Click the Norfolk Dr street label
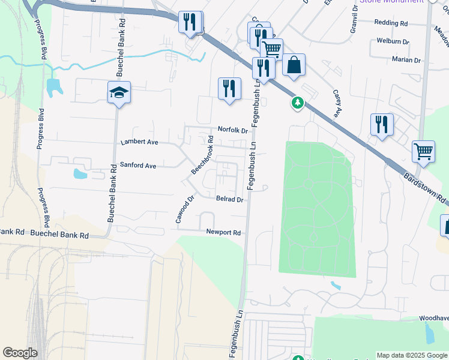[233, 130]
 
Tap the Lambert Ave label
[139, 142]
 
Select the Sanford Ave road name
[138, 165]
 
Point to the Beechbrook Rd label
[202, 155]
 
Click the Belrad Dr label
[230, 199]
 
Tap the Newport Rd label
[223, 232]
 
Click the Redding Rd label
[391, 22]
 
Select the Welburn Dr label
[393, 41]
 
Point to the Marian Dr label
[407, 60]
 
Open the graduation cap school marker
[119, 93]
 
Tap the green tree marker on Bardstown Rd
[297, 103]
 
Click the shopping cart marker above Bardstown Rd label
[423, 152]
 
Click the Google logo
[20, 353]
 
